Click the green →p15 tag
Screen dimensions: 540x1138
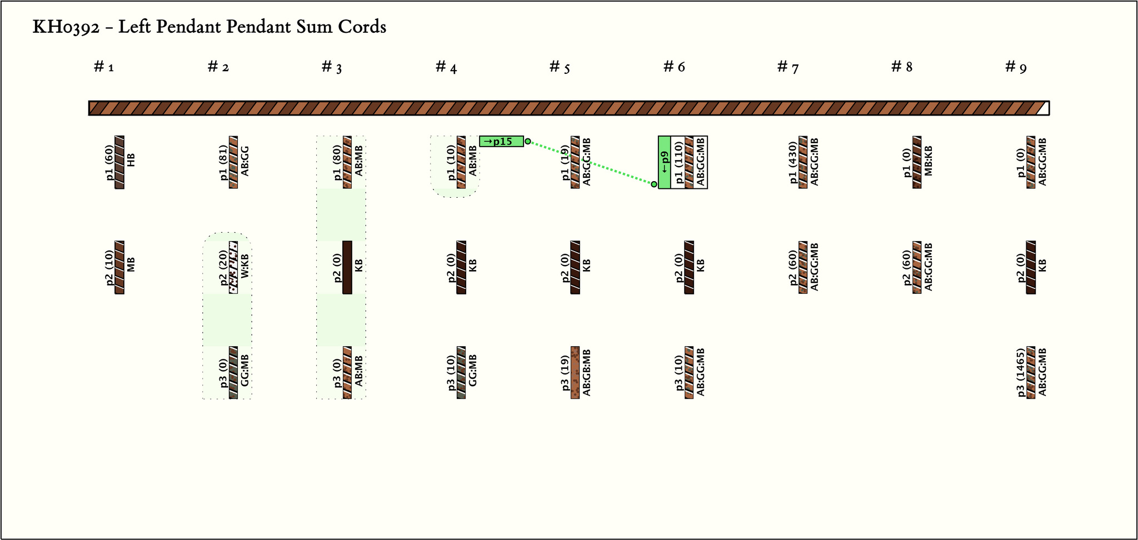tap(501, 141)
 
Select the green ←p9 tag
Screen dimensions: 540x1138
tap(665, 162)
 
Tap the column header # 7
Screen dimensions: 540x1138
tap(788, 67)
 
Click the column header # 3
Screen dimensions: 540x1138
tap(332, 67)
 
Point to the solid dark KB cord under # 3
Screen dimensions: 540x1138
tap(347, 267)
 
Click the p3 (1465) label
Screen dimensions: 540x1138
tap(1021, 373)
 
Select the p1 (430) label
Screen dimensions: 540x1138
tap(793, 162)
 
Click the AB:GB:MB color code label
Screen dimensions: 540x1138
tap(587, 373)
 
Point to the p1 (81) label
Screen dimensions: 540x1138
tap(223, 162)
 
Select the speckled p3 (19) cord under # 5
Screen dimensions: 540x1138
tap(575, 373)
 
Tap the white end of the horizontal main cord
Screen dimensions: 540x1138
tap(1044, 108)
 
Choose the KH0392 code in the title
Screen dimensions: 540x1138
tap(66, 27)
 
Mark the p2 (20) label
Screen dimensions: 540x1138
tap(223, 267)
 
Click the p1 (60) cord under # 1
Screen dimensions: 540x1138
tap(119, 162)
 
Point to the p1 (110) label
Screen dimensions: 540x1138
tap(679, 162)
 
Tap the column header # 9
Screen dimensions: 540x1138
tap(1016, 67)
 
